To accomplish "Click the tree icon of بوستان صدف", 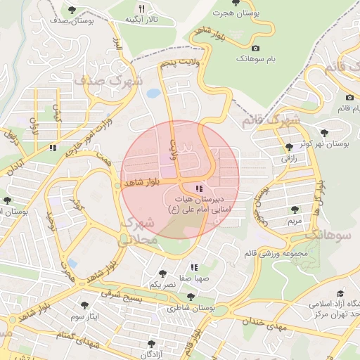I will tap(72, 9).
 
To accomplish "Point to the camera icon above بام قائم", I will tap(349, 97).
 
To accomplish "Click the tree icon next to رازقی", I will tap(289, 147).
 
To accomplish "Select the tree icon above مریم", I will tap(295, 209).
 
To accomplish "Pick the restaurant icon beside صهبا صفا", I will tap(194, 267).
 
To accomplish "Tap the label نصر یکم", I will tap(163, 284).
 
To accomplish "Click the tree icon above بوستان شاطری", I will tap(190, 297).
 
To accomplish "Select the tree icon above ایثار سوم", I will tap(84, 305).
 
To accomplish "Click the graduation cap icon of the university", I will tap(341, 293).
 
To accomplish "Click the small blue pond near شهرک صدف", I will tap(153, 93).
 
